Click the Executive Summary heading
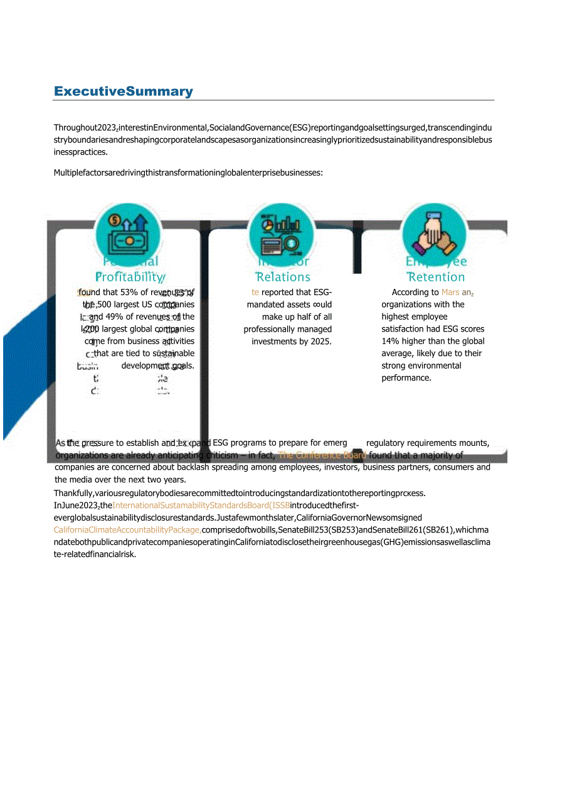point(124,92)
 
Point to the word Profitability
point(130,277)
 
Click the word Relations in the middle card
point(283,277)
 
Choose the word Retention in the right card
point(437,277)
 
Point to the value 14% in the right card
point(390,342)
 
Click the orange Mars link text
point(450,292)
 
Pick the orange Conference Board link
point(322,455)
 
